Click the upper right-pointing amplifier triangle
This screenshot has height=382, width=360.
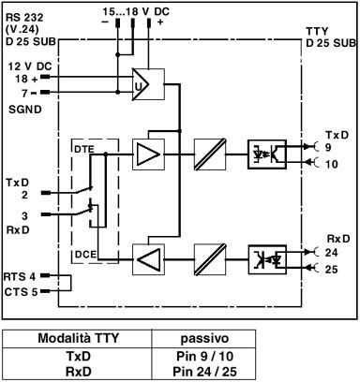click(147, 154)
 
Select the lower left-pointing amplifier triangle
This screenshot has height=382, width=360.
click(147, 256)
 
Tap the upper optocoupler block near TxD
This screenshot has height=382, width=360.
click(266, 154)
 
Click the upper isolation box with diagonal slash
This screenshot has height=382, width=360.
click(206, 154)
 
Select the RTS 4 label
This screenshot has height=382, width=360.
click(19, 277)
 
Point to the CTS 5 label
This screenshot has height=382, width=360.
click(19, 291)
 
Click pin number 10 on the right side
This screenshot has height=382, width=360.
click(331, 164)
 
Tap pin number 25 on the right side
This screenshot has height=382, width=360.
click(332, 270)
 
